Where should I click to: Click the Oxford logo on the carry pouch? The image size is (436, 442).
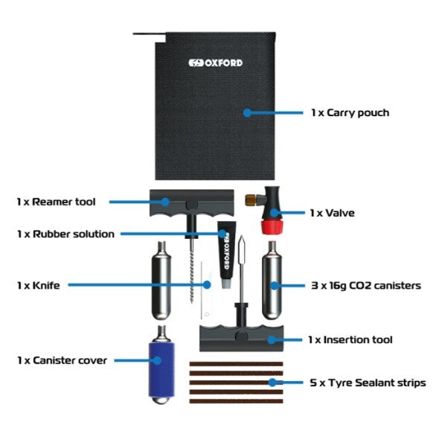[215, 63]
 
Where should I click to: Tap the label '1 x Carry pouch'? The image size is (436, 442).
[350, 113]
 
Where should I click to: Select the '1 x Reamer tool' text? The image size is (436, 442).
[56, 202]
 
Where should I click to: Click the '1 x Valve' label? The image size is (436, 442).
[333, 213]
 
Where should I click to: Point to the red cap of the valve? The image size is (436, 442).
[272, 228]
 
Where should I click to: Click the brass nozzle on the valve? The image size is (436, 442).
[252, 200]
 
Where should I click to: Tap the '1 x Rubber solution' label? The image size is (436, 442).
[65, 234]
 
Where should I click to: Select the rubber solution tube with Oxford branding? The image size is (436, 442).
[226, 254]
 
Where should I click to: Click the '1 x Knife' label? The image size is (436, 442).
[39, 285]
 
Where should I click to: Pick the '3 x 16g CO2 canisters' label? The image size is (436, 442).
[366, 286]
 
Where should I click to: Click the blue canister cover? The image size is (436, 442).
[161, 370]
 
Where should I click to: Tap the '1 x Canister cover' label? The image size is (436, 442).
[62, 360]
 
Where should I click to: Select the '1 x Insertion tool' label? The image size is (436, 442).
[350, 339]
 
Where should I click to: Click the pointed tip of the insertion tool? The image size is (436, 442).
[242, 236]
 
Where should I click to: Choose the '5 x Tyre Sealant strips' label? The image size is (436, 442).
[368, 382]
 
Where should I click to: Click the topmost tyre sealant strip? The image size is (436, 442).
[236, 364]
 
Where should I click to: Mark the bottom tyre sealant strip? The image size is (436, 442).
[236, 401]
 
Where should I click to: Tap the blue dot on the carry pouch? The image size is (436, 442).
[247, 113]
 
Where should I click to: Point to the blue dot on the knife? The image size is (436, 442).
[207, 285]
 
